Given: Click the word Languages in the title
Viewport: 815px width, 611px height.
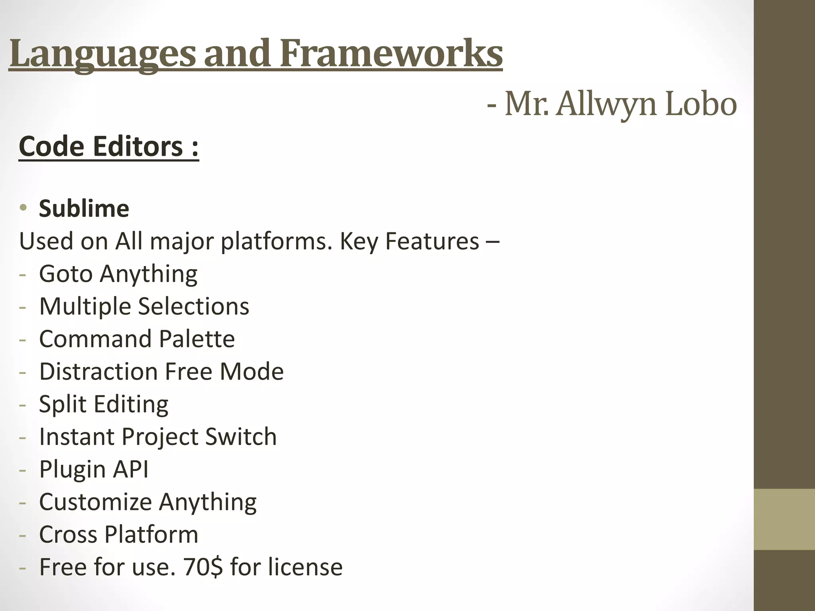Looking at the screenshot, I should [x=103, y=54].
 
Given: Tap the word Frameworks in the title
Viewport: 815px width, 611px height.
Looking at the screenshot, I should [x=391, y=54].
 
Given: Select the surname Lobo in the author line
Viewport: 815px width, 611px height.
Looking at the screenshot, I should [x=701, y=104].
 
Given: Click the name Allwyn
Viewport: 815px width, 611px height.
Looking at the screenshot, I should [x=606, y=104].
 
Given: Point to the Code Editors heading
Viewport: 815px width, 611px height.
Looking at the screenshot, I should [x=109, y=146].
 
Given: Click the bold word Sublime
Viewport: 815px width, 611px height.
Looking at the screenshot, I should [x=84, y=208].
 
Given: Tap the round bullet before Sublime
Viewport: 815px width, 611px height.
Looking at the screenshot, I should [x=23, y=208].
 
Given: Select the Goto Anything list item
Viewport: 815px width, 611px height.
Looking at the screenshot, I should [x=118, y=274].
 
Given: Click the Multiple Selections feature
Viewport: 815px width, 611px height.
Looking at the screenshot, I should [x=144, y=306].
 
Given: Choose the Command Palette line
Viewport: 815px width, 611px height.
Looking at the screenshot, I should [x=137, y=339].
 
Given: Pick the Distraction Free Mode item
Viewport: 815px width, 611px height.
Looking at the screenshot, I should [x=161, y=372].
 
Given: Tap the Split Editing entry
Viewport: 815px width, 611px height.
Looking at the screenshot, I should [x=103, y=404].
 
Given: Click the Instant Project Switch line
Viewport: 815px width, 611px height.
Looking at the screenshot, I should [x=158, y=437].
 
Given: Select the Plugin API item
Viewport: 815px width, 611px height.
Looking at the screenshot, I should [x=94, y=469].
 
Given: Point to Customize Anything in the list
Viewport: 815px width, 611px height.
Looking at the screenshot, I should [x=148, y=502].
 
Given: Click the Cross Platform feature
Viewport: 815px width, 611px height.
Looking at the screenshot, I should [x=119, y=535].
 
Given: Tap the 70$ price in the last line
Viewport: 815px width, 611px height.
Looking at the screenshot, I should [x=203, y=567].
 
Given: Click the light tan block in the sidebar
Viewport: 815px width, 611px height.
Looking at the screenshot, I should [x=784, y=520].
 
